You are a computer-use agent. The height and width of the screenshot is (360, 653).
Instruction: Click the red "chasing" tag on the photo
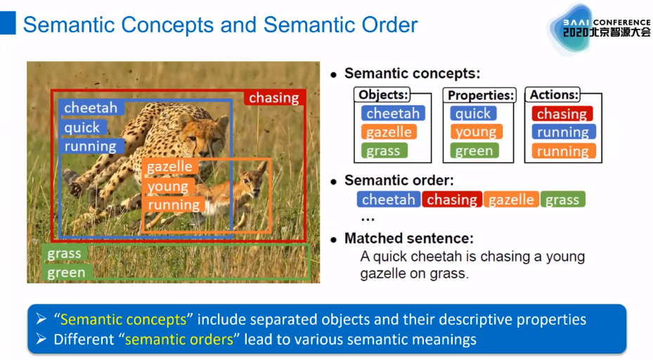click(274, 98)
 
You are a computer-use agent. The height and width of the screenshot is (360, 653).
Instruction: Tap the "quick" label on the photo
click(82, 127)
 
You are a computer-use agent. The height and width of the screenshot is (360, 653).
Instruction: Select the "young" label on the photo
click(167, 186)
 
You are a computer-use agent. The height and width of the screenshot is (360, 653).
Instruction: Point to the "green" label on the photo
click(66, 272)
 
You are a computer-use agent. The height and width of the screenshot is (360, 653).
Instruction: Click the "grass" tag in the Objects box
click(383, 150)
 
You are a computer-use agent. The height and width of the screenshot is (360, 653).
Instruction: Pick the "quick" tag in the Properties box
click(473, 113)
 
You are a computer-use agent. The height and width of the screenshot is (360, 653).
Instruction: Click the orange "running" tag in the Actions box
click(562, 151)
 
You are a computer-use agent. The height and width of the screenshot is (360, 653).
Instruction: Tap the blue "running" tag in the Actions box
click(563, 132)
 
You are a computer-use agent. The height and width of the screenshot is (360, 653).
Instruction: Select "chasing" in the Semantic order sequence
click(452, 200)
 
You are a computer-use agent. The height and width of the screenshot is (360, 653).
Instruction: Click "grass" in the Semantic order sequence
click(562, 200)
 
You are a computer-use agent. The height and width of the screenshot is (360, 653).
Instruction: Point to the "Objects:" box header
click(383, 95)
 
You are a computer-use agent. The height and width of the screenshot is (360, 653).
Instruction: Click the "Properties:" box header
click(481, 95)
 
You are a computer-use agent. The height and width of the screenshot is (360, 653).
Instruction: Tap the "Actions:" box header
click(555, 95)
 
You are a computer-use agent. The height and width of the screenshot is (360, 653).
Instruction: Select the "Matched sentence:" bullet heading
click(408, 238)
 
